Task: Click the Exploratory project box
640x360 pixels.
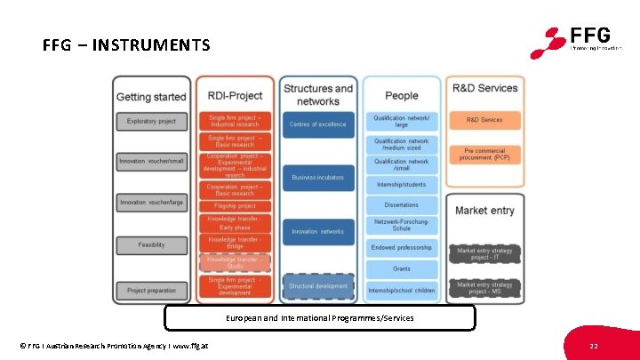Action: (151, 121)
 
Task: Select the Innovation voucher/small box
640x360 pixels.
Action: (151, 161)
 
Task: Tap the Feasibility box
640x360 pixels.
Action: (151, 244)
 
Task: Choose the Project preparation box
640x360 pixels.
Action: (151, 290)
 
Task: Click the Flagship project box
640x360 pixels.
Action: (235, 205)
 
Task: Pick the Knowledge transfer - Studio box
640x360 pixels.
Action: (235, 261)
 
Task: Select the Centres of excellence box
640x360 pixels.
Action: (317, 124)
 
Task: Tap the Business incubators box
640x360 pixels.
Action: (317, 178)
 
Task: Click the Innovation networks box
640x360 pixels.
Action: (317, 231)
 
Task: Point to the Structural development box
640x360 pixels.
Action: (317, 286)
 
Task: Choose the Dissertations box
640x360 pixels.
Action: (402, 204)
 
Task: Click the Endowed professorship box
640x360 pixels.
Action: (402, 247)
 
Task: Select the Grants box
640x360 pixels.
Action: (402, 268)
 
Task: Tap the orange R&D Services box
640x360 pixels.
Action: (484, 120)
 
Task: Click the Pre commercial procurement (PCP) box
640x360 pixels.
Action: (484, 153)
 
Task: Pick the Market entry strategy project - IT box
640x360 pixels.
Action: (484, 253)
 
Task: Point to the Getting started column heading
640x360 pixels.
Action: (151, 96)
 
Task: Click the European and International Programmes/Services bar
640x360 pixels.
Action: (319, 317)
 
